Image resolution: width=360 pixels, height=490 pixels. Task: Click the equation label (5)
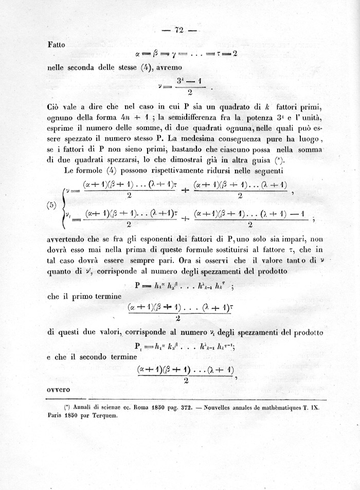[52, 205]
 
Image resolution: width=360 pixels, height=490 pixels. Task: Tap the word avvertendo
[68, 239]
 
